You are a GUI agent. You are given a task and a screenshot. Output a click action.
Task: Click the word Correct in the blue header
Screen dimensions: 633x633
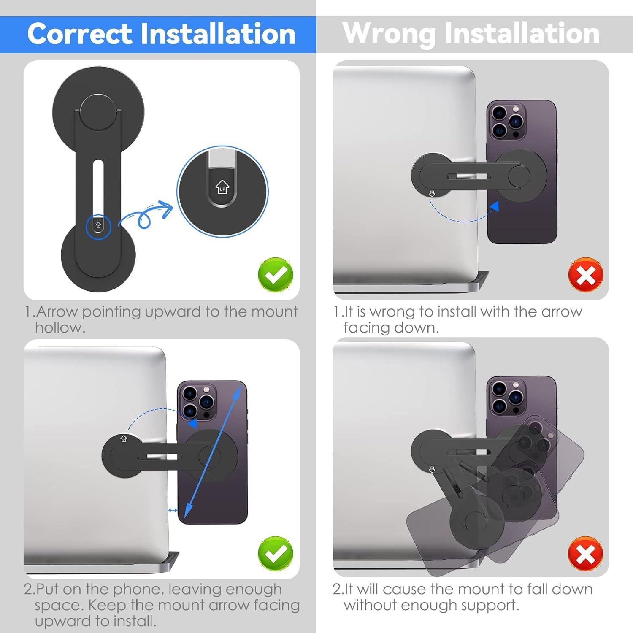tap(79, 34)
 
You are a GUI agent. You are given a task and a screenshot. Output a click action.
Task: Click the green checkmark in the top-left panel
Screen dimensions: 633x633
tap(275, 274)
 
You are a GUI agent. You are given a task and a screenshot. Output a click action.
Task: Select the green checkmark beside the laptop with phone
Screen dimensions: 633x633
tap(275, 553)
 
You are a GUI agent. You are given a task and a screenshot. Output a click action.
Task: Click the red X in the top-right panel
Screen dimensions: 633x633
tap(586, 274)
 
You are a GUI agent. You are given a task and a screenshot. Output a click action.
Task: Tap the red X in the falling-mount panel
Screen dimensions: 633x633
tap(585, 553)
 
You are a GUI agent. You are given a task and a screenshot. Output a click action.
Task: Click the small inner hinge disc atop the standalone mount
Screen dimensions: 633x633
tap(98, 111)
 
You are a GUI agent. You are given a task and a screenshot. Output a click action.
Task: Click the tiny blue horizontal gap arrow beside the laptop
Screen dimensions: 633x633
tap(173, 510)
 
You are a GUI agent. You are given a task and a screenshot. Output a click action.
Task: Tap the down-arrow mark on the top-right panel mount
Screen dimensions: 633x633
tap(432, 194)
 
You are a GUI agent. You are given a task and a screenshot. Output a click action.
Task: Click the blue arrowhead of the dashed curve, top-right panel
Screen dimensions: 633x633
tap(495, 207)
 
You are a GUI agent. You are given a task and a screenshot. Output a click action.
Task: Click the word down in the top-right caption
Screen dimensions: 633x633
tap(419, 328)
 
